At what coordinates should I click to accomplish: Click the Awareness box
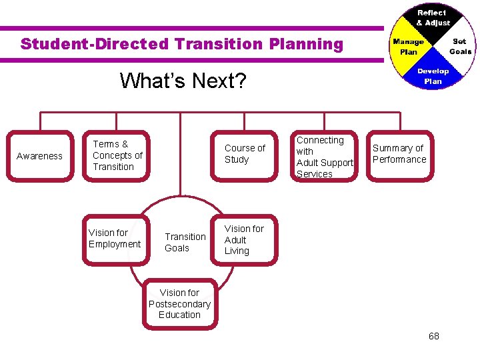39,156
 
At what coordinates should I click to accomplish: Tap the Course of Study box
245,154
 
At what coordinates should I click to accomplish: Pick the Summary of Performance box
399,154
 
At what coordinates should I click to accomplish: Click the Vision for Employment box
115,239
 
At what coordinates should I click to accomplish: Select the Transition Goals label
185,242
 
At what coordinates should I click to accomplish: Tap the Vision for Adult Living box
244,240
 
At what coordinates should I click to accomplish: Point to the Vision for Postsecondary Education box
179,304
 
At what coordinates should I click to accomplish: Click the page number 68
434,336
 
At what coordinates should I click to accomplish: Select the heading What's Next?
183,81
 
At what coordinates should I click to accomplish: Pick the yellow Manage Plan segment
408,47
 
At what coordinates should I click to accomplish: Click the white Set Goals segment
459,46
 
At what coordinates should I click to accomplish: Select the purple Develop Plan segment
433,76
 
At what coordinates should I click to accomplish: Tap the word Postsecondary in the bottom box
179,304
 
